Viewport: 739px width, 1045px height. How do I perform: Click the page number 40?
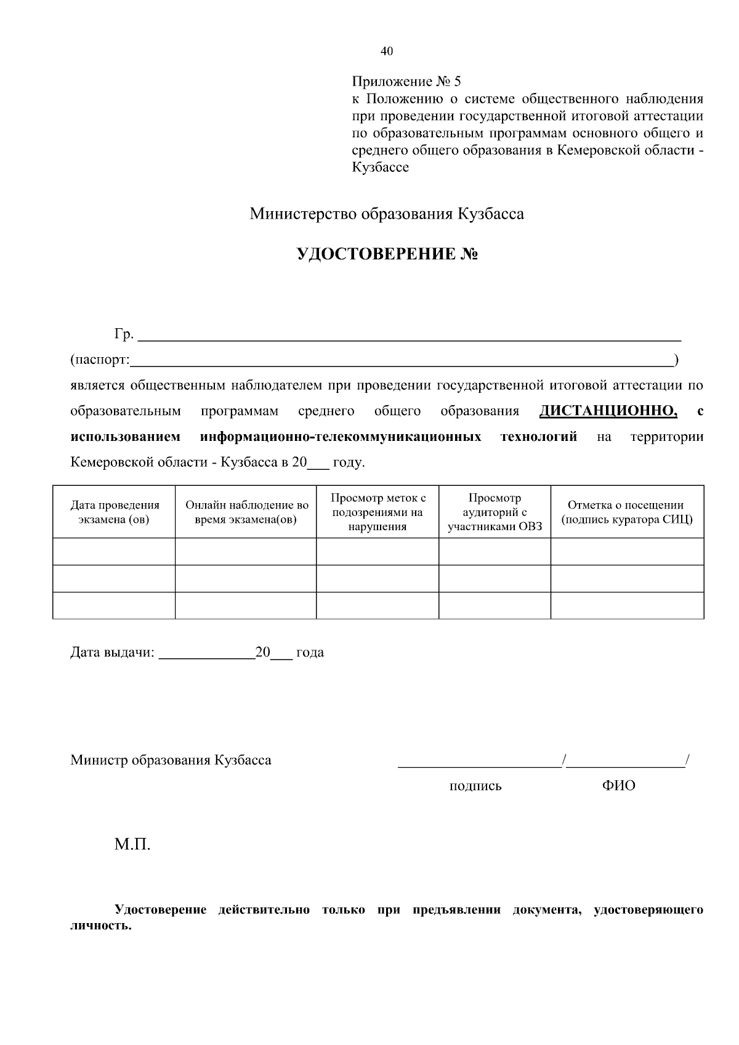pos(387,51)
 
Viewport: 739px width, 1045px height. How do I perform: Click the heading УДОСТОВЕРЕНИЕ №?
pos(387,254)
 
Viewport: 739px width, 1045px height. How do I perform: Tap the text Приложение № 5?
pos(406,81)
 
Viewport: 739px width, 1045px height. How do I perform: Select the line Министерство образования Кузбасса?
pos(387,214)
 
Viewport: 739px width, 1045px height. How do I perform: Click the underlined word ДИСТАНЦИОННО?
pos(607,411)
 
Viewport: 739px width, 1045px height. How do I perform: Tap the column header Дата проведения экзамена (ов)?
pos(115,512)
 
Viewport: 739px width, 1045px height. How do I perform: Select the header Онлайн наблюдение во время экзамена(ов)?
pos(246,512)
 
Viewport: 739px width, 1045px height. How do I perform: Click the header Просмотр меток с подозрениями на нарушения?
pos(378,512)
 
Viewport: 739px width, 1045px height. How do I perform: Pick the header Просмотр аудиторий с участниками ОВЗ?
pos(495,512)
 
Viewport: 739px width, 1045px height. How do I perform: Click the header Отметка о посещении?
pos(626,512)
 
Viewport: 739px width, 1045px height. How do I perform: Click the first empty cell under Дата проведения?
pos(115,551)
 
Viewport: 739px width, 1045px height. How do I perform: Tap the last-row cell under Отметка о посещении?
pos(626,605)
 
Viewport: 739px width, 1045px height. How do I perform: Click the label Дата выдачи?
pos(112,652)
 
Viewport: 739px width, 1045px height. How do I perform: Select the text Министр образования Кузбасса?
pos(171,760)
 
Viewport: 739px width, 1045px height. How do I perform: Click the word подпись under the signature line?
pos(475,786)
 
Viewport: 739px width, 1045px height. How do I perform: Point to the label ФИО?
pos(619,786)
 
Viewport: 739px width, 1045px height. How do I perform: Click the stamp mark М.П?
pos(132,844)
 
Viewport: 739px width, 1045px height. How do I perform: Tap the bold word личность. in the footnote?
pos(101,926)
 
